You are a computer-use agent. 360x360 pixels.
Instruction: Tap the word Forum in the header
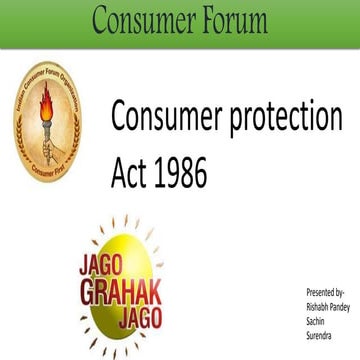[x=229, y=21]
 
